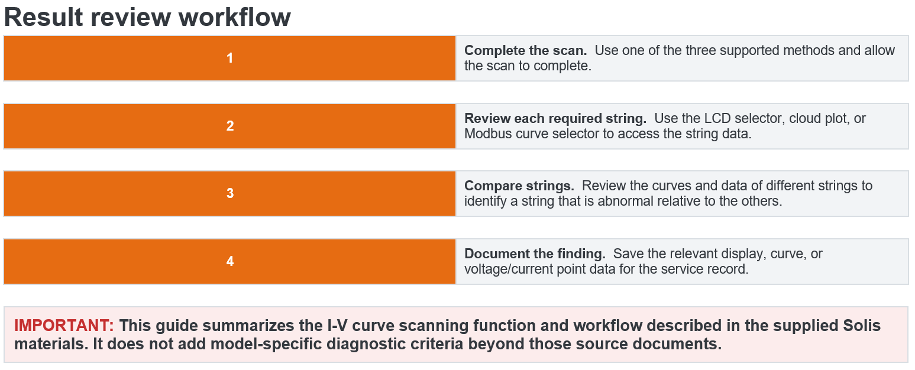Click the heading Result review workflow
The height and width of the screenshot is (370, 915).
pos(147,17)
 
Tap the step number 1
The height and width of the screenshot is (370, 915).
pos(230,58)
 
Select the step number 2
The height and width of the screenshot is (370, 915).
pos(230,126)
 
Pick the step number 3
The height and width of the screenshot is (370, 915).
pos(230,193)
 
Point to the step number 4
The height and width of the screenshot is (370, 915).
pos(230,261)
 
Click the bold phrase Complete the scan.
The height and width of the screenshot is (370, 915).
pos(525,50)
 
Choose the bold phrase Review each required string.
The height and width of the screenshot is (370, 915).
pos(555,118)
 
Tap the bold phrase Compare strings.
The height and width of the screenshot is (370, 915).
pos(519,186)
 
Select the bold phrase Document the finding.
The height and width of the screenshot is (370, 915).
pos(535,254)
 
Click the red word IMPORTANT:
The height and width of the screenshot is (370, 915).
pos(64,326)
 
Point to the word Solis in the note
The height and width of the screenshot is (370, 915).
pos(862,326)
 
